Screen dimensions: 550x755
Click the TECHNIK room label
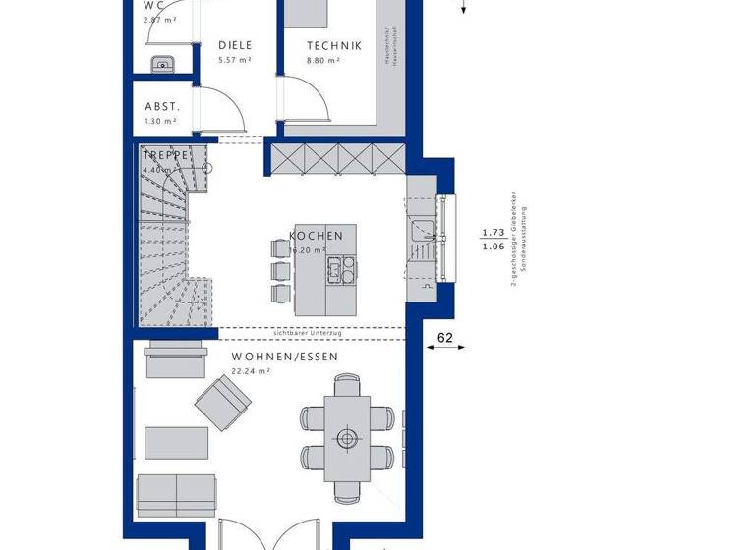click(333, 45)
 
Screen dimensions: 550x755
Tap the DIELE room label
click(235, 45)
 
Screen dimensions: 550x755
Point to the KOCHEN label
click(317, 236)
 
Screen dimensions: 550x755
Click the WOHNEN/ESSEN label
click(284, 357)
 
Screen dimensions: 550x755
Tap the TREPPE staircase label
click(165, 155)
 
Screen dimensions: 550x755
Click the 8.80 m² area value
click(322, 61)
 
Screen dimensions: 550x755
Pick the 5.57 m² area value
click(234, 61)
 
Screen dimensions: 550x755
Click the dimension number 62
click(445, 339)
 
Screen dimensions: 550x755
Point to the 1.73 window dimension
click(493, 233)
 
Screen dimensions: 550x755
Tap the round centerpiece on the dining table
click(345, 438)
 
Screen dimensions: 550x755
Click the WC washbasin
click(162, 65)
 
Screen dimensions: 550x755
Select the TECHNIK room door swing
click(302, 102)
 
